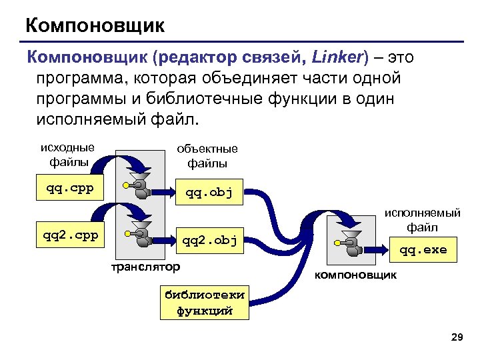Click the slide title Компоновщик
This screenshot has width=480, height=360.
point(95,26)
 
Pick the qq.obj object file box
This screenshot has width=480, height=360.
point(209,193)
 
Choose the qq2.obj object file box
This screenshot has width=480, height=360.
point(209,240)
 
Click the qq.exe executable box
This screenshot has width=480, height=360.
point(423,251)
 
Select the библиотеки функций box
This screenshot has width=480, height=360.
point(204,303)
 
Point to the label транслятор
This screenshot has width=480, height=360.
point(145,267)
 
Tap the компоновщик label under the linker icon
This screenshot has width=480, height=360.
point(355,275)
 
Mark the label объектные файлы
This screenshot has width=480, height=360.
point(207,156)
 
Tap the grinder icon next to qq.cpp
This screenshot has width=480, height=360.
point(139,187)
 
